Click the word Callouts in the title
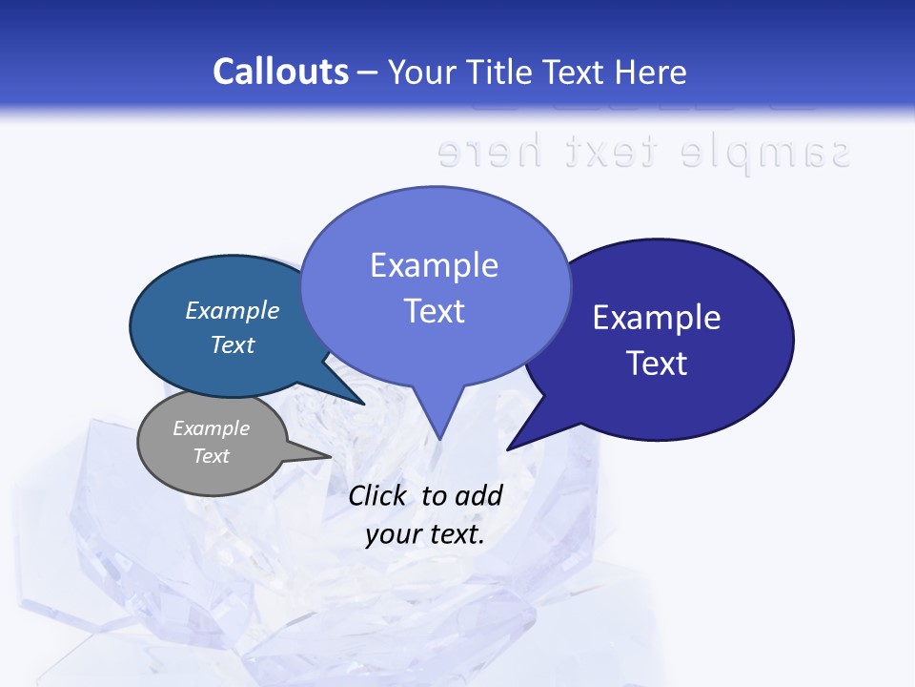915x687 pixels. tap(280, 72)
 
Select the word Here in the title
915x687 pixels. tap(651, 72)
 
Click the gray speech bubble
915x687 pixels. tap(211, 444)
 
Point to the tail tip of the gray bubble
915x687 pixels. tap(331, 457)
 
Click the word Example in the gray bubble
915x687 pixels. tap(211, 428)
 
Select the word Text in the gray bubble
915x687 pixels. tap(211, 456)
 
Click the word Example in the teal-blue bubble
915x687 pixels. tap(232, 311)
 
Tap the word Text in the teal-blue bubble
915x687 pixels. tap(232, 344)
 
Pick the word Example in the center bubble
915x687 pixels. tap(434, 265)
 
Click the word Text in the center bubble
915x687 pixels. tap(434, 311)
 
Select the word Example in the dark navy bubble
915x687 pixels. tap(657, 318)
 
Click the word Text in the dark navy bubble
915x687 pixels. tap(657, 364)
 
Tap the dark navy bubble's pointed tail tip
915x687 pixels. tap(508, 448)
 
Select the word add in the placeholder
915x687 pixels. tap(478, 495)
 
